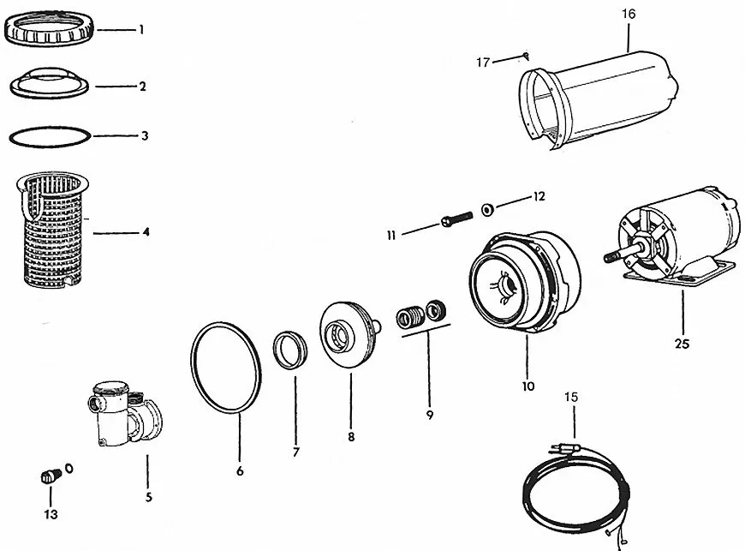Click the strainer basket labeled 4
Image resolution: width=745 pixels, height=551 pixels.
(x=57, y=231)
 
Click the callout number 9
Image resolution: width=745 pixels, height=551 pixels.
(x=429, y=416)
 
